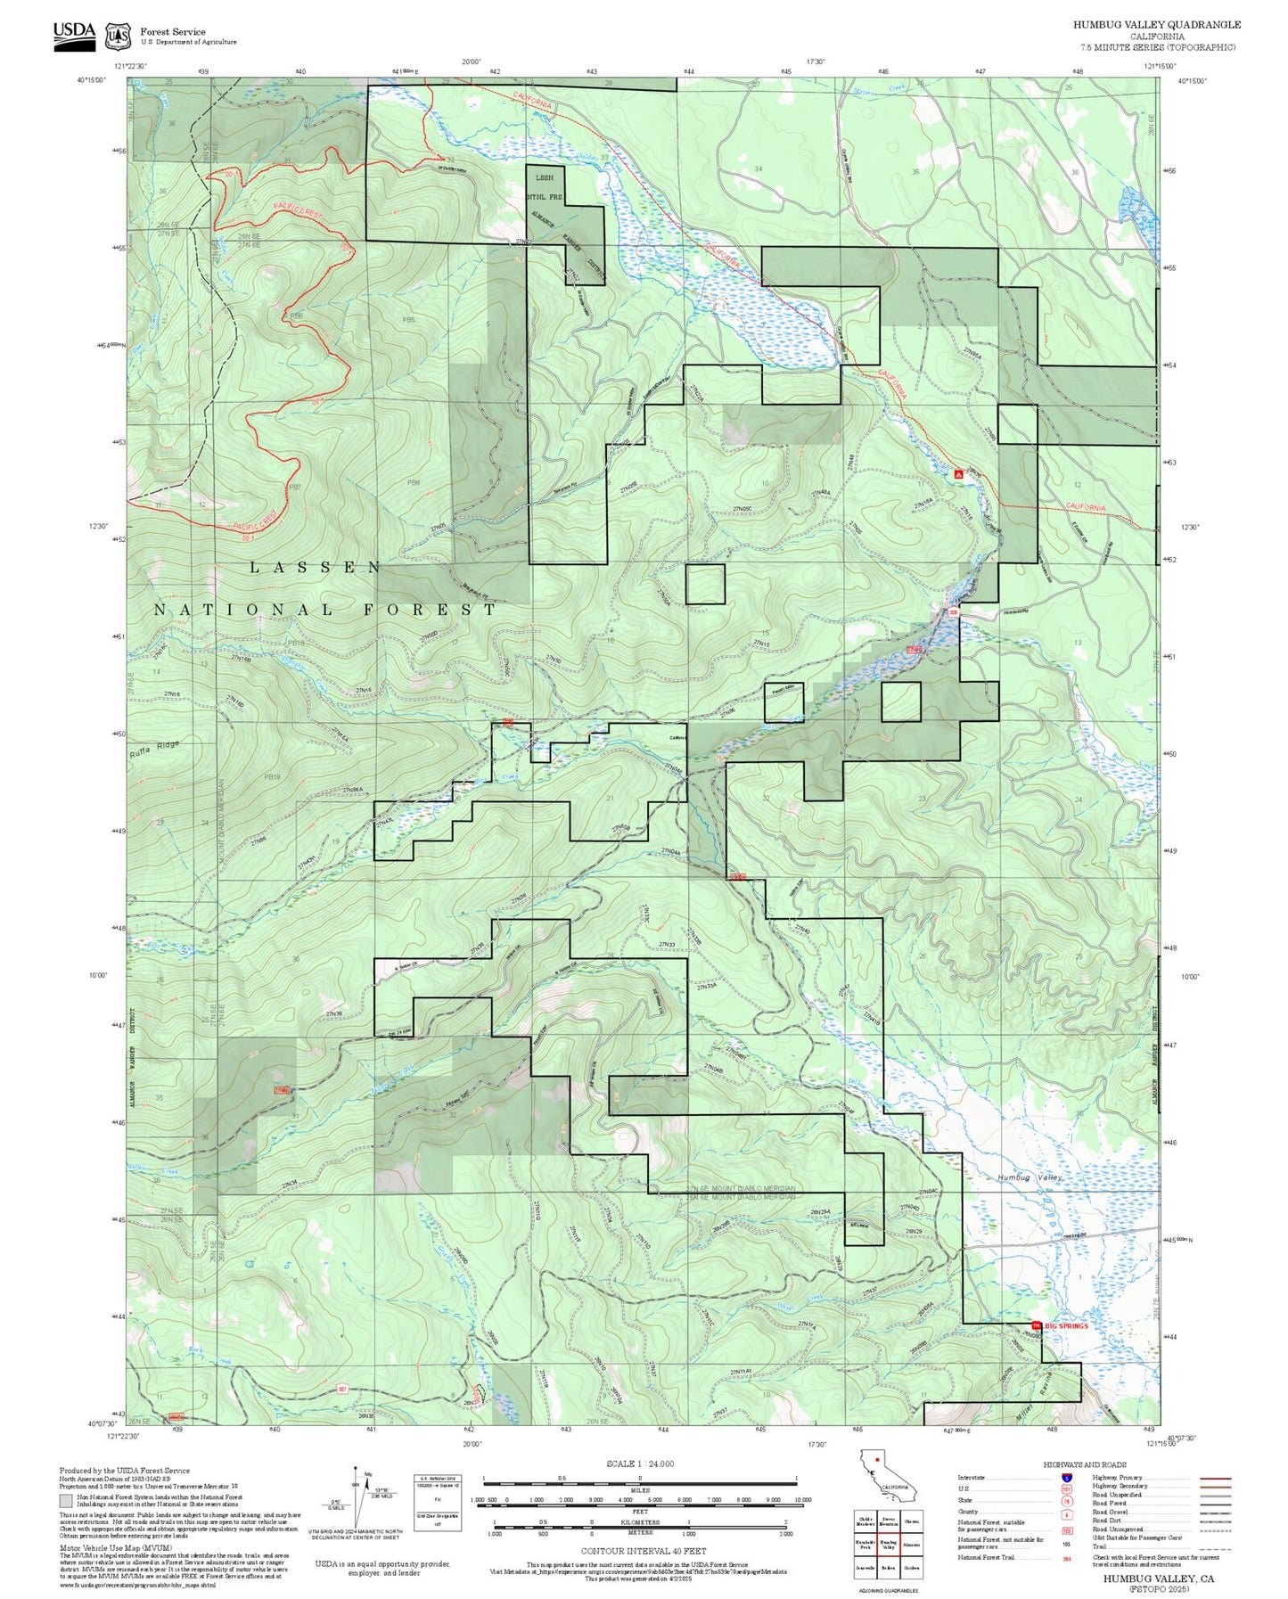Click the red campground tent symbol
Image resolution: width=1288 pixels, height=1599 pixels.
958,475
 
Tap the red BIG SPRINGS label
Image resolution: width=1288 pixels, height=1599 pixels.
1066,1325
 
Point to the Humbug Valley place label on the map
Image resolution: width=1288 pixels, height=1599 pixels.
1030,1177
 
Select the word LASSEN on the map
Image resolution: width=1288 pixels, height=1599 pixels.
316,567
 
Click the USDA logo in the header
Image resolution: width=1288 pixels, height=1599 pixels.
74,36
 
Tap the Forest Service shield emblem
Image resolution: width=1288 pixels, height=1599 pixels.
118,37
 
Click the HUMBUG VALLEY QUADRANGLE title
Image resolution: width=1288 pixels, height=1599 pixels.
1156,25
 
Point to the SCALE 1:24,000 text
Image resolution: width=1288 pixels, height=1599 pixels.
640,1464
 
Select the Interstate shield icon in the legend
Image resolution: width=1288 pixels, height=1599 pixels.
1066,1477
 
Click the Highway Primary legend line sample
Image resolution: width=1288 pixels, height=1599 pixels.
1215,1478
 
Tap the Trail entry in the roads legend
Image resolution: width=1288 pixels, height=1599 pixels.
1099,1546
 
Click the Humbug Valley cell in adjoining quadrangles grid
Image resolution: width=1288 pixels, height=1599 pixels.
888,1546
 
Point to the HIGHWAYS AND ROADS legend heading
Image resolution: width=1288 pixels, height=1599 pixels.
1085,1464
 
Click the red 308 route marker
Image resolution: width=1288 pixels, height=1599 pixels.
953,612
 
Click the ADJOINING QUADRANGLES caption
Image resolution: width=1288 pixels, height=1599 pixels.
888,1590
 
